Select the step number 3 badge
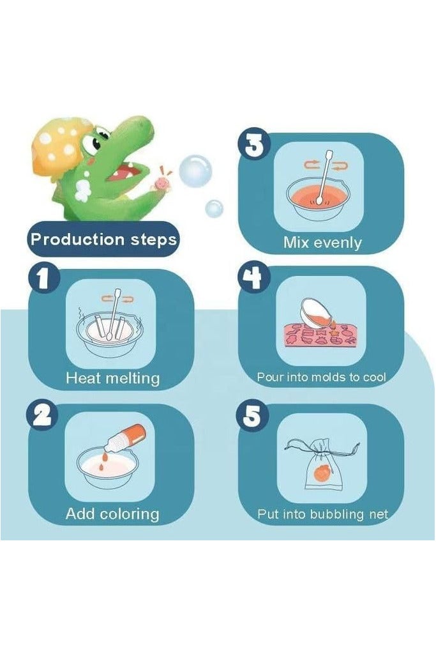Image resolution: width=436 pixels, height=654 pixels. pyautogui.click(x=253, y=144)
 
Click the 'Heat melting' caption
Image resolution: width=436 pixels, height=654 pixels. pyautogui.click(x=112, y=378)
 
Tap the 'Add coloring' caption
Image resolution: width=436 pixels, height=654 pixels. pyautogui.click(x=112, y=513)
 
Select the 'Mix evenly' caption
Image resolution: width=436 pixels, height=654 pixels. pyautogui.click(x=322, y=243)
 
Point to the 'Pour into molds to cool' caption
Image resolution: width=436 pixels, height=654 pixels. pyautogui.click(x=322, y=377)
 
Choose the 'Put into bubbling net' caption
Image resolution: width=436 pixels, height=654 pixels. pyautogui.click(x=322, y=513)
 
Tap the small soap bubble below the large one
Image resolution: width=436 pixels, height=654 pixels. pyautogui.click(x=214, y=208)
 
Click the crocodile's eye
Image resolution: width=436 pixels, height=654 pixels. pyautogui.click(x=96, y=142)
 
